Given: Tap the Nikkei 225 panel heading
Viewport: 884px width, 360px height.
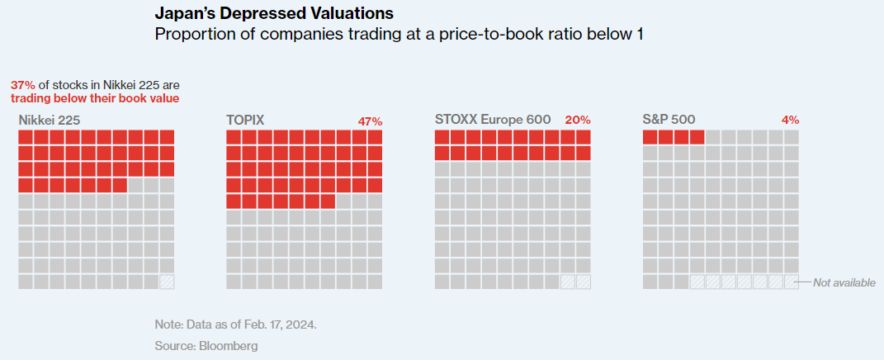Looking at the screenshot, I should (x=50, y=120).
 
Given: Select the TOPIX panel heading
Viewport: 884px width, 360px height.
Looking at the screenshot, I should (x=245, y=120).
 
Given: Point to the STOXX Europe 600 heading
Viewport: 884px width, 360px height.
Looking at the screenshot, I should (x=493, y=120).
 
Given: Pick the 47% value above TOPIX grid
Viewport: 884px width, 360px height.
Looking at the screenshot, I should (x=370, y=121).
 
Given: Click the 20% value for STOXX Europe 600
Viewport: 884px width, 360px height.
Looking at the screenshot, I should (x=578, y=120).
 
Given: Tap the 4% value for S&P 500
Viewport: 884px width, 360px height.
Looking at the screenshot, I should (x=790, y=120).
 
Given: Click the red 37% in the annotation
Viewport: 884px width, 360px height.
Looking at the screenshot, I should (x=23, y=85).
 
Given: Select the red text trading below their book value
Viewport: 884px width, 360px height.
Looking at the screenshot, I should (x=95, y=98).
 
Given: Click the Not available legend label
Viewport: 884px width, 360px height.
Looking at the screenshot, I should (x=844, y=282).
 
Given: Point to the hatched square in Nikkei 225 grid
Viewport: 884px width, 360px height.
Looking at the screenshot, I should (x=167, y=282).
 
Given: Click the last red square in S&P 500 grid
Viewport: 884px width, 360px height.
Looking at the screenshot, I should (x=697, y=137).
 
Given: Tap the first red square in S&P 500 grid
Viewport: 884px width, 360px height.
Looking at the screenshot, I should (x=650, y=137).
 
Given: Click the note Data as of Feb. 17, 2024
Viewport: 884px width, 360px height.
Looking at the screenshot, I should (x=235, y=324).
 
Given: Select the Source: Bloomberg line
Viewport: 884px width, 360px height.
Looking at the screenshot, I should (x=206, y=345).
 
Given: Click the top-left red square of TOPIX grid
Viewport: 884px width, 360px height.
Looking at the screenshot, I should (x=234, y=137).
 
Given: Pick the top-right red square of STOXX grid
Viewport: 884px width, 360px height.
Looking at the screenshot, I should (x=583, y=137).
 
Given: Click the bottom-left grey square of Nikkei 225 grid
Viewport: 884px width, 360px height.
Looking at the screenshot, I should (x=26, y=282).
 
